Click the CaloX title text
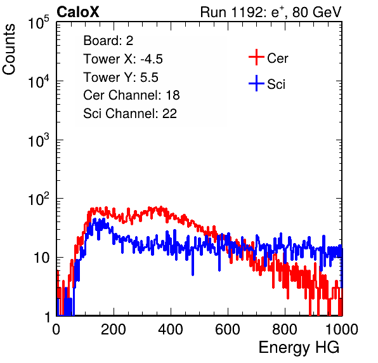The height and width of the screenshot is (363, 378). tap(77, 12)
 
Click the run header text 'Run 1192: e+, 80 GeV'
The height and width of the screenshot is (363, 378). tap(271, 12)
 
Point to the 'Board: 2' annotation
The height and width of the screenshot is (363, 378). tap(108, 41)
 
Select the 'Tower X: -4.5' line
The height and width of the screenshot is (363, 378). tap(123, 59)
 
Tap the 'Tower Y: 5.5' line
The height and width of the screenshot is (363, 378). tap(121, 77)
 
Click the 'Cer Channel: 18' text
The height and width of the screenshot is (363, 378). tap(131, 95)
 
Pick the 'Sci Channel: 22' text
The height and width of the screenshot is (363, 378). tap(130, 114)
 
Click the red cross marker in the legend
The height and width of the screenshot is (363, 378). tap(256, 57)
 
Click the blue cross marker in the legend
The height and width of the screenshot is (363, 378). tap(256, 84)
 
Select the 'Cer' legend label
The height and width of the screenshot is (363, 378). tap(277, 58)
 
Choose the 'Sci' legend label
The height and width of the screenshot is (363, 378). tap(277, 84)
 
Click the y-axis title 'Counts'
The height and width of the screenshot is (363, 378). tap(9, 49)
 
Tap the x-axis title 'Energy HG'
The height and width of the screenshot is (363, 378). tap(299, 347)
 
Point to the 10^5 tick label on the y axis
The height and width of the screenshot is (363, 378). tap(39, 23)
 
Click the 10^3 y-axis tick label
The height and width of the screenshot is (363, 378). tap(39, 140)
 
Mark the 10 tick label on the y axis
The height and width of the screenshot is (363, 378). tap(42, 258)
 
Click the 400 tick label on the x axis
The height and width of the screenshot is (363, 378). tap(171, 329)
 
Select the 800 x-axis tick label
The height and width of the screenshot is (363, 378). tap(285, 329)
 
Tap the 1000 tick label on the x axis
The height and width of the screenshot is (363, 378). tap(342, 329)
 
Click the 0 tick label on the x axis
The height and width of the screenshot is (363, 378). tap(56, 329)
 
